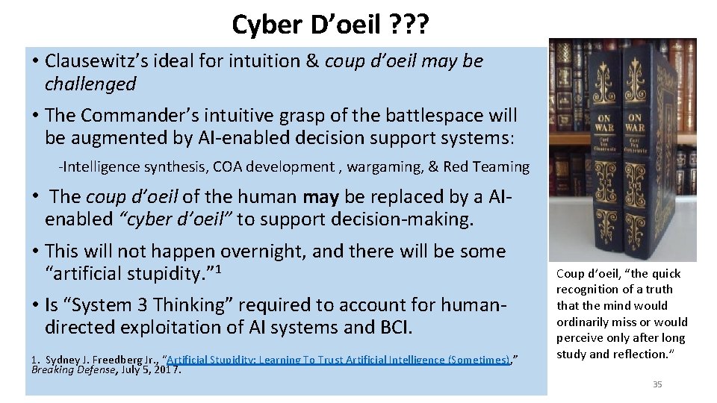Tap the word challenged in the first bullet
[90, 84]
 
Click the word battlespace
[426, 115]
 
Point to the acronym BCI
[391, 328]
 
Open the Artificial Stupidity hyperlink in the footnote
[338, 360]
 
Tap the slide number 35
[657, 384]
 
